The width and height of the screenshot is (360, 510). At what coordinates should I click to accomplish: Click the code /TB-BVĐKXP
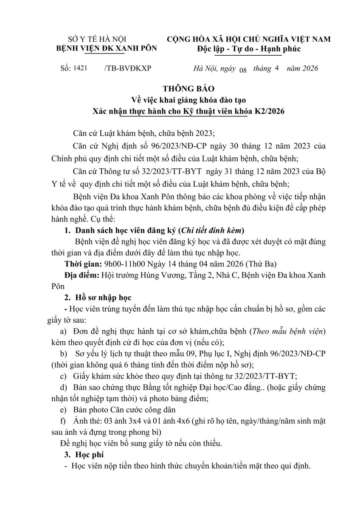(127, 68)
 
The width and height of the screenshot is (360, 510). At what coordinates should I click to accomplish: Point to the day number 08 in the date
(243, 70)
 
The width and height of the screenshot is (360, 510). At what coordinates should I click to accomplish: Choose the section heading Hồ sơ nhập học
(103, 297)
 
